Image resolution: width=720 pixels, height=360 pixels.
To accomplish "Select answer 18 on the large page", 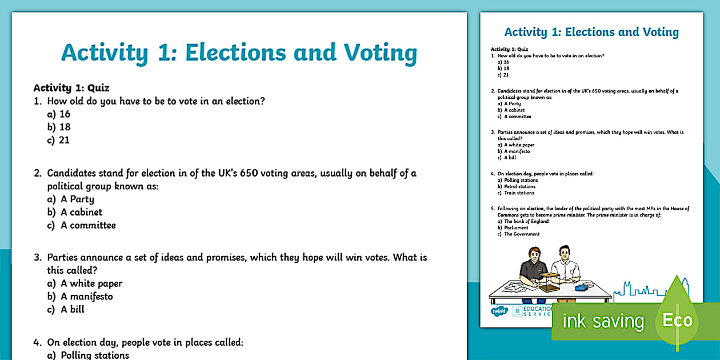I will point(65,127).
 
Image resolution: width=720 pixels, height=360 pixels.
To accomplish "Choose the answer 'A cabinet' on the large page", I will point(81,212).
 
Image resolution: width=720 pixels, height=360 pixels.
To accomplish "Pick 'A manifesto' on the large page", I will point(87,296).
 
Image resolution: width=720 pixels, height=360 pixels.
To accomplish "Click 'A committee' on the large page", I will point(88,225).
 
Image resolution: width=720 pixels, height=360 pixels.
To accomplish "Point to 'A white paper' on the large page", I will point(91,283).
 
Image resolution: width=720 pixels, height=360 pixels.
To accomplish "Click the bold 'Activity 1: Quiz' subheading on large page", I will point(71,88).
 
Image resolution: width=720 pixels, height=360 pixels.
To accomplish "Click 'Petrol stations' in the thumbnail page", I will point(519,186).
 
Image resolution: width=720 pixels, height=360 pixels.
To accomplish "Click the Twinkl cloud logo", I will point(498,312).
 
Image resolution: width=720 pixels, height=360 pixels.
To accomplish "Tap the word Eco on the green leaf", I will point(677,319).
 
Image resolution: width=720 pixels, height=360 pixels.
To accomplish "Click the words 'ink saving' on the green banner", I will point(603,321).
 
